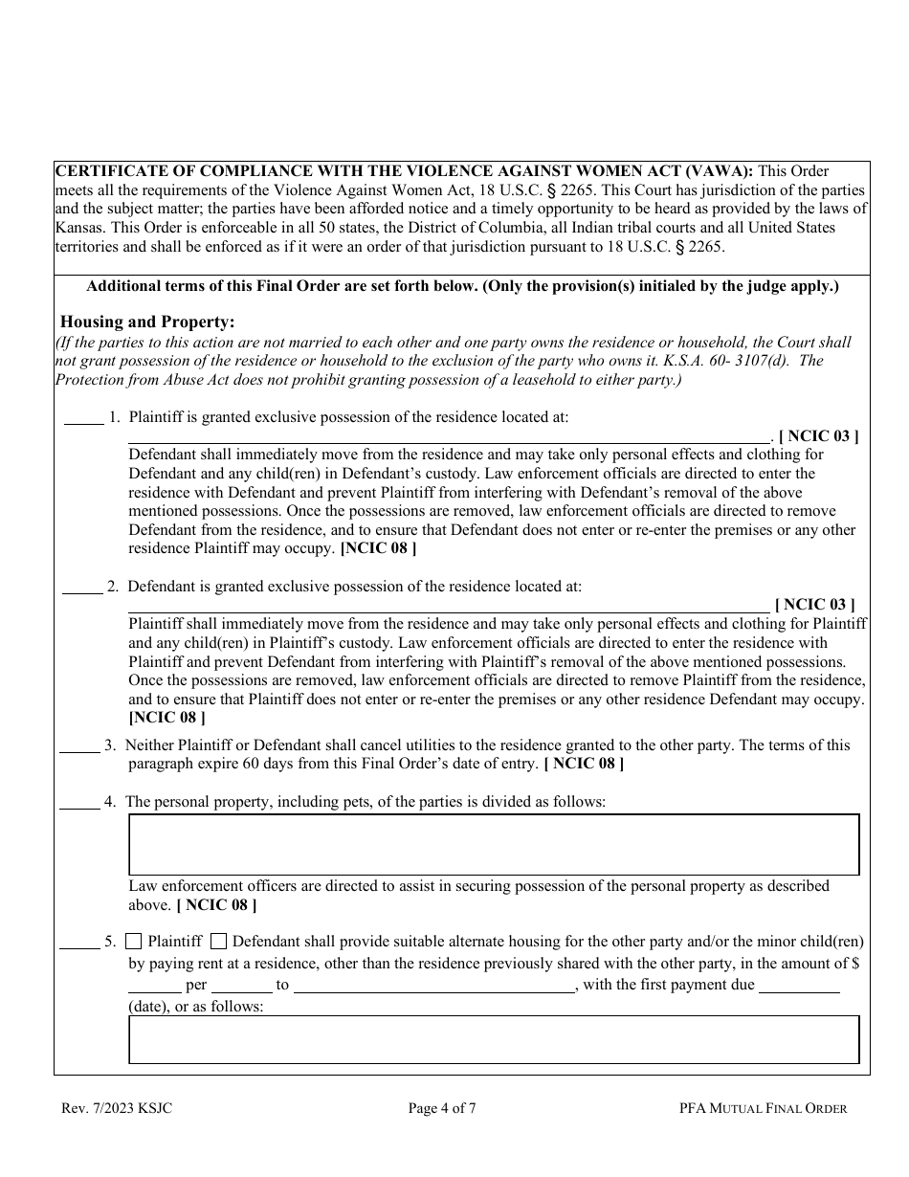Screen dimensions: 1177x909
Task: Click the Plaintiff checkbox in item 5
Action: (x=134, y=941)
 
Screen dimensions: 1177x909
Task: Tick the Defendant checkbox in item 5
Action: (x=218, y=941)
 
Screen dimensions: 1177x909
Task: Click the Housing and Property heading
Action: (x=147, y=322)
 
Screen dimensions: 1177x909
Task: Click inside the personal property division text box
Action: (x=494, y=844)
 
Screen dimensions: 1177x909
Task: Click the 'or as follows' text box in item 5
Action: (x=494, y=1039)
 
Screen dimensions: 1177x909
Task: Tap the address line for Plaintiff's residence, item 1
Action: (x=450, y=436)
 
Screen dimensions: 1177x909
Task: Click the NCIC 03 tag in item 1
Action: (x=818, y=436)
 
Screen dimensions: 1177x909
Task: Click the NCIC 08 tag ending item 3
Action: (x=584, y=764)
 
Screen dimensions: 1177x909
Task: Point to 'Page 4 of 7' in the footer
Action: (x=442, y=1109)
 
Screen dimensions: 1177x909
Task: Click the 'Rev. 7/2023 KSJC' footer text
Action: (x=117, y=1109)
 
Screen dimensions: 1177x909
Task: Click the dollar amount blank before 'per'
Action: (x=155, y=985)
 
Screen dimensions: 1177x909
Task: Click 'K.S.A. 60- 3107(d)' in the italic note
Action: (x=727, y=360)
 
